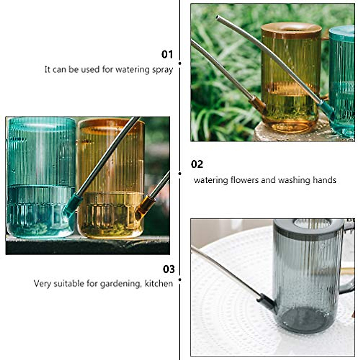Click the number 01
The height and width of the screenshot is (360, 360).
167,54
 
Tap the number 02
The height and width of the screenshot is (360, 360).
197,164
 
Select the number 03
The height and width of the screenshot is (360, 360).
169,269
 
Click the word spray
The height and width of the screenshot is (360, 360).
162,70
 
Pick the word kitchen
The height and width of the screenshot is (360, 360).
159,283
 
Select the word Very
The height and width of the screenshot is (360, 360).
42,284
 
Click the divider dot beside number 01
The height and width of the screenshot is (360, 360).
180,63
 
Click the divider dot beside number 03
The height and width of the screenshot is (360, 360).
180,280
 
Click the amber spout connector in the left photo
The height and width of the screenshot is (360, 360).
144,207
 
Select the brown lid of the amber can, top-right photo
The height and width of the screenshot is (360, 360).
291,30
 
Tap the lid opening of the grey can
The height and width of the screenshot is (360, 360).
312,223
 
